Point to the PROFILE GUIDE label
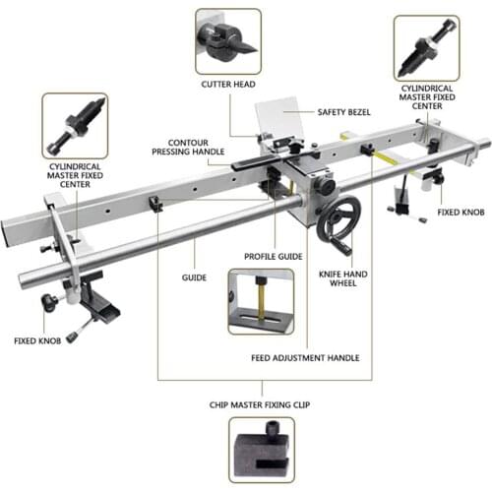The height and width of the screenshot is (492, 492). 273,257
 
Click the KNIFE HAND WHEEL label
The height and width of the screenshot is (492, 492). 339,277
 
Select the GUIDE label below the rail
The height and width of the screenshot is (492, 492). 194,277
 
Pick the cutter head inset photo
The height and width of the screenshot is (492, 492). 227,40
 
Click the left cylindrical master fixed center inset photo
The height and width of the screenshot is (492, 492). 75,125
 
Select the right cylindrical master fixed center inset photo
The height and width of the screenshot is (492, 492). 426,46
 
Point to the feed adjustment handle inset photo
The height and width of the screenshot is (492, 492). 260,302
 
